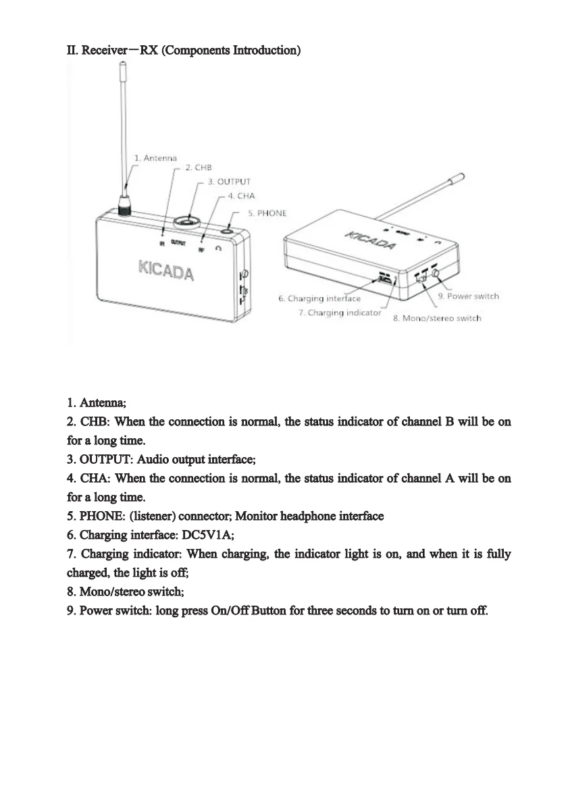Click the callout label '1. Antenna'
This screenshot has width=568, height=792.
coord(155,158)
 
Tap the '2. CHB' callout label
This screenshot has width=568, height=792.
coord(199,167)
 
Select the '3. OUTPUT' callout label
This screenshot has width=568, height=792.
coord(229,182)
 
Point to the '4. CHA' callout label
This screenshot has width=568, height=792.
coord(241,196)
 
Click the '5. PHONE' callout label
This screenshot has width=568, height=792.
coord(267,213)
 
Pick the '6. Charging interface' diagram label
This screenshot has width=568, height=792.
coord(319,298)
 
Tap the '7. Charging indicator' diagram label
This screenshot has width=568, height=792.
coord(340,313)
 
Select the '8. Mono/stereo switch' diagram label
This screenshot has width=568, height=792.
coord(437,318)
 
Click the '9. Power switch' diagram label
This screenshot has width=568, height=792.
coord(469,296)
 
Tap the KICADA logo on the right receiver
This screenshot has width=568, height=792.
coord(371,240)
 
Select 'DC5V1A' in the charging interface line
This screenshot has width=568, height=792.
coord(208,535)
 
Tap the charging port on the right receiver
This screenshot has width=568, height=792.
coord(385,279)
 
